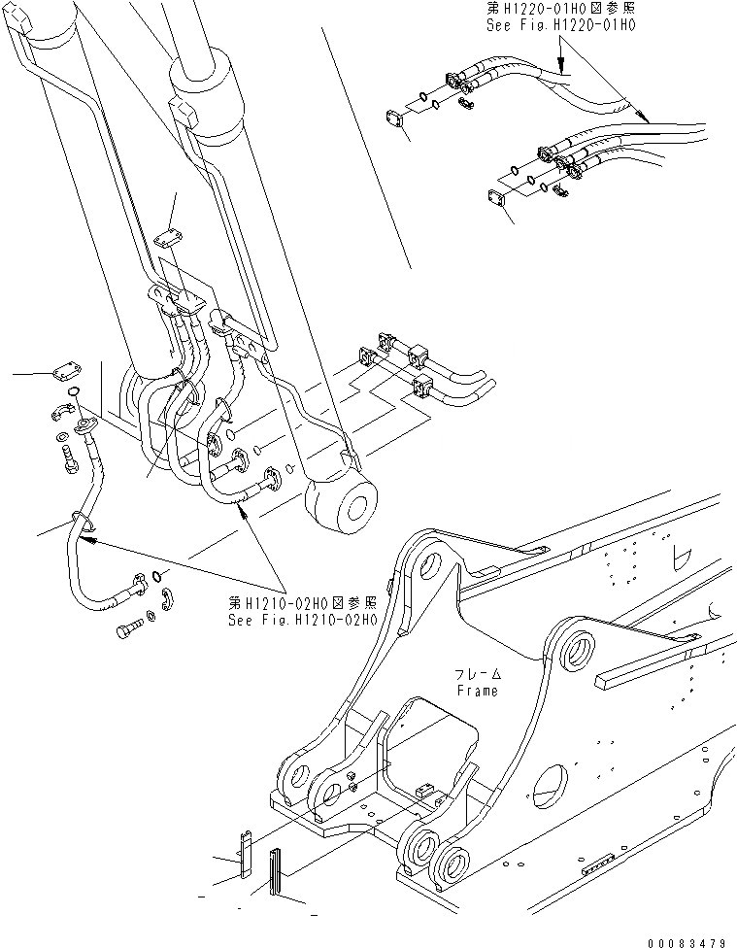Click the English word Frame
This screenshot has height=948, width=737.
coord(477,691)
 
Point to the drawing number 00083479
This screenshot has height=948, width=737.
coord(687,939)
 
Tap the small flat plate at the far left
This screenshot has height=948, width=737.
coord(65,370)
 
